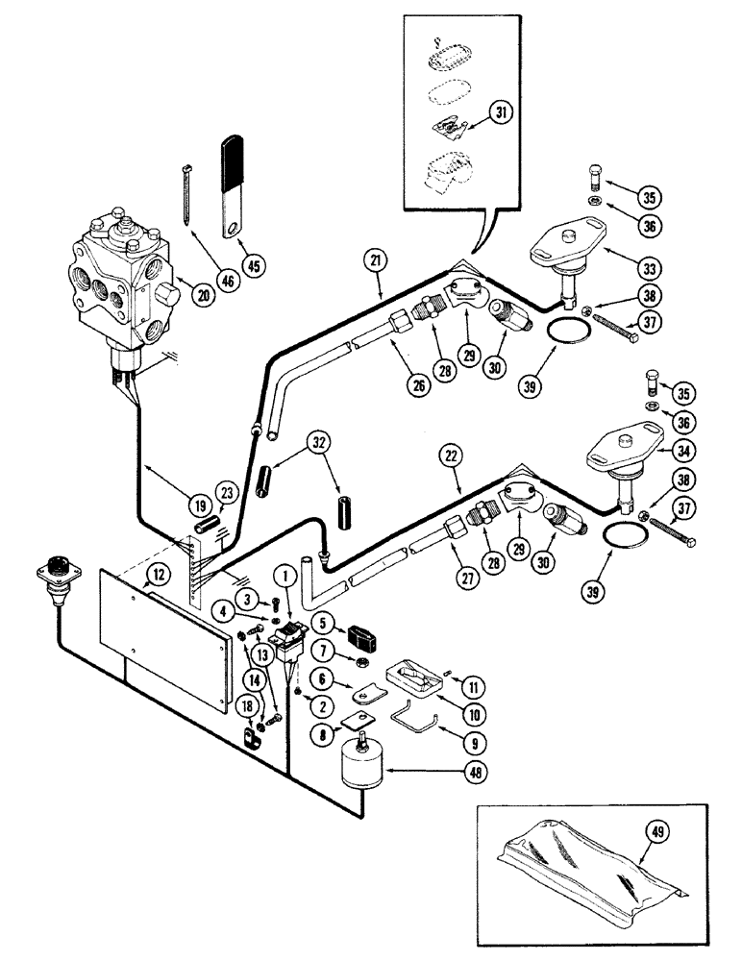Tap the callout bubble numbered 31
coord(498,113)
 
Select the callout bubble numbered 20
coord(201,297)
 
